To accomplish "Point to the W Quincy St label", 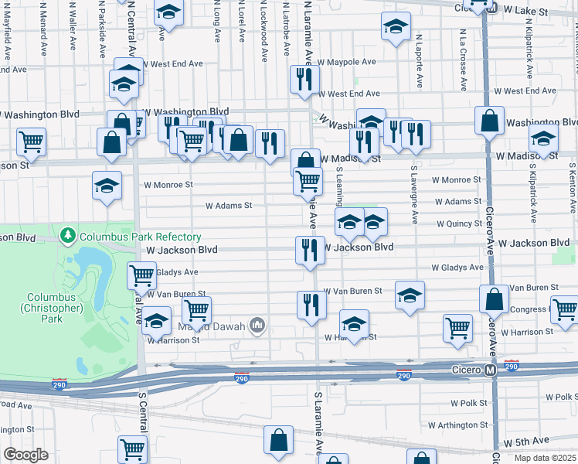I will (x=459, y=224).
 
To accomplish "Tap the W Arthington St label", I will (x=458, y=425).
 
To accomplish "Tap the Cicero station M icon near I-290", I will (x=491, y=371).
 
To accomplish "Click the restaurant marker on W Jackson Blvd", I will (x=309, y=250).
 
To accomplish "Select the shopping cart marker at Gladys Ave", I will (x=142, y=275).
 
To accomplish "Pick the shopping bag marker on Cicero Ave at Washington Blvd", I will (x=490, y=120).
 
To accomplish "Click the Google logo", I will (x=25, y=455).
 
